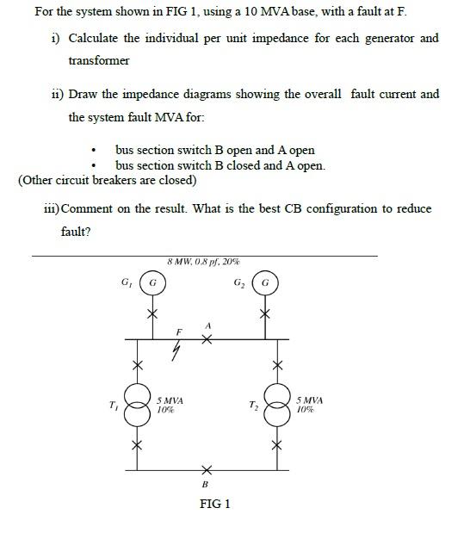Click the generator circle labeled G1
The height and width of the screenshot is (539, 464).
152,282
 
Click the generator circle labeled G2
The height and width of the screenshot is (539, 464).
266,282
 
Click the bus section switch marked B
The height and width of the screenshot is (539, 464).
205,471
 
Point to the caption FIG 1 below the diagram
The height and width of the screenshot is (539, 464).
214,504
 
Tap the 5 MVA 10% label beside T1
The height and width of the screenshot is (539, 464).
170,406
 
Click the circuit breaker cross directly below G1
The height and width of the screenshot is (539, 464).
152,314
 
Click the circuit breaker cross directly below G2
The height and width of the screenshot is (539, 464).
266,314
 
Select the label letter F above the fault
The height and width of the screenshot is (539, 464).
179,331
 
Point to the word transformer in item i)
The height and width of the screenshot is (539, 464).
99,60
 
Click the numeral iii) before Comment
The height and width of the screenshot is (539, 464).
52,209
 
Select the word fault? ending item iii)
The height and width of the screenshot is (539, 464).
77,231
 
